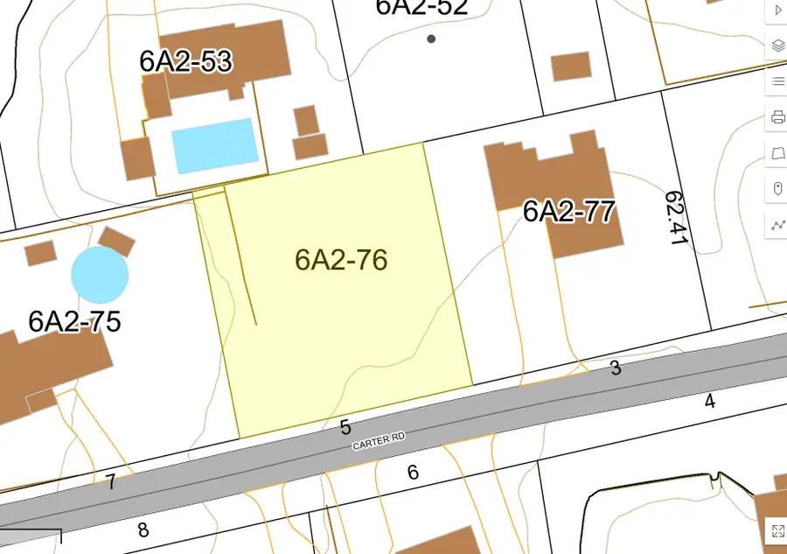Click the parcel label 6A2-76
pyautogui.click(x=341, y=260)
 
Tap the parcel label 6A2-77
pyautogui.click(x=569, y=212)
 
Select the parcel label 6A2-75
pyautogui.click(x=74, y=321)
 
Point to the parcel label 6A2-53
pyautogui.click(x=185, y=60)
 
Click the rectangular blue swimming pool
pyautogui.click(x=214, y=145)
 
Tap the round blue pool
pyautogui.click(x=100, y=274)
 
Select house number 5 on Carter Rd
pyautogui.click(x=345, y=427)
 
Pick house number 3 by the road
pyautogui.click(x=616, y=368)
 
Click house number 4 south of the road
pyautogui.click(x=709, y=401)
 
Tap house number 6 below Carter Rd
pyautogui.click(x=413, y=473)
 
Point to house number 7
pyautogui.click(x=111, y=482)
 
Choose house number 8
pyautogui.click(x=143, y=529)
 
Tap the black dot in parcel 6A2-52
pyautogui.click(x=431, y=39)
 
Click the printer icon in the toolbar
pyautogui.click(x=777, y=116)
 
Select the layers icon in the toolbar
pyautogui.click(x=777, y=46)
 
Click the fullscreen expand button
pyautogui.click(x=777, y=529)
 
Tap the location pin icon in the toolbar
pyautogui.click(x=777, y=188)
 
